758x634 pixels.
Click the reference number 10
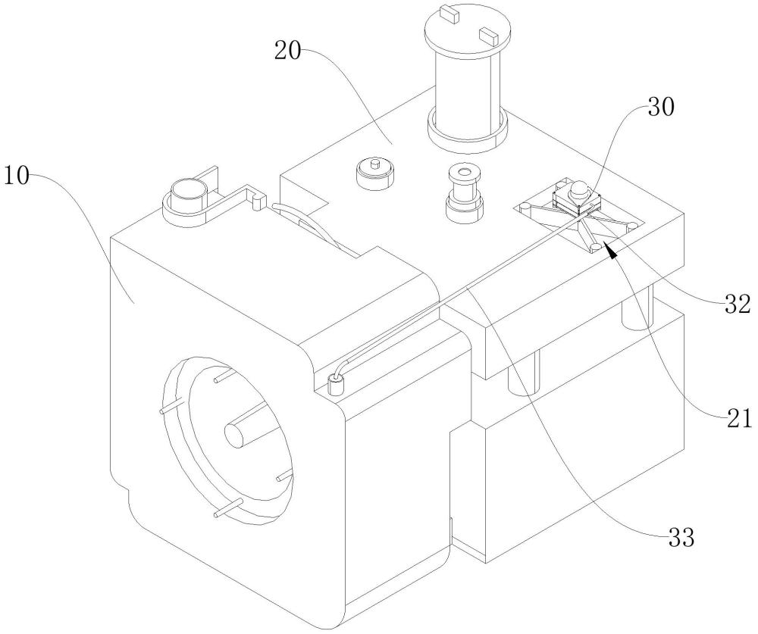(x=17, y=178)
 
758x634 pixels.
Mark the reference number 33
(x=680, y=539)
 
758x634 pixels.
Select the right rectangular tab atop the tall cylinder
(x=487, y=33)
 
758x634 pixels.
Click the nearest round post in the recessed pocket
(x=596, y=248)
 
